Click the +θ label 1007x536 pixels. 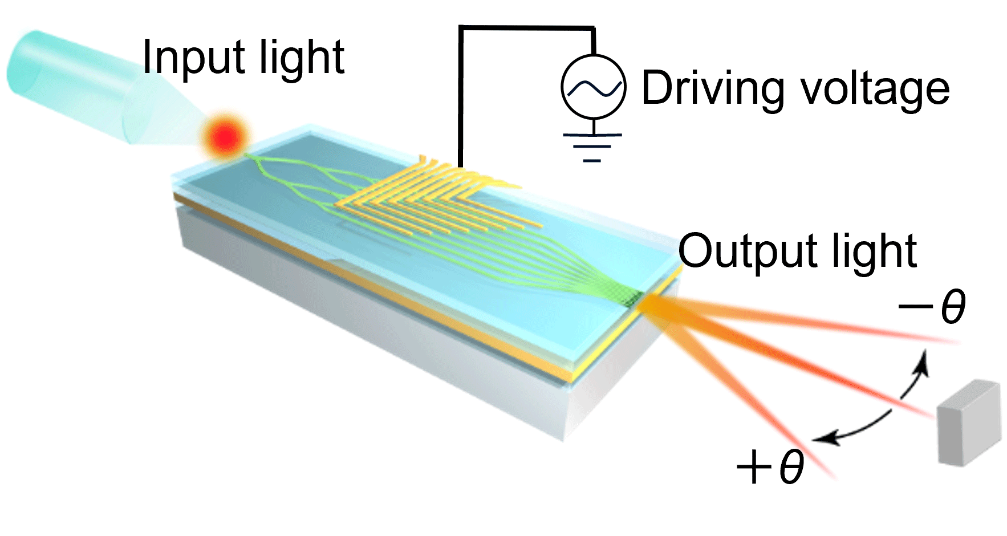coord(770,468)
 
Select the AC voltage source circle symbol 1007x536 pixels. coord(593,87)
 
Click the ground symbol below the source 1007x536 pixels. coord(592,145)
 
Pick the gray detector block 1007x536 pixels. coord(969,422)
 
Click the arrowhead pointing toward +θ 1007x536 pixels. coord(821,440)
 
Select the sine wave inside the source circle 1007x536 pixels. coord(593,87)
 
